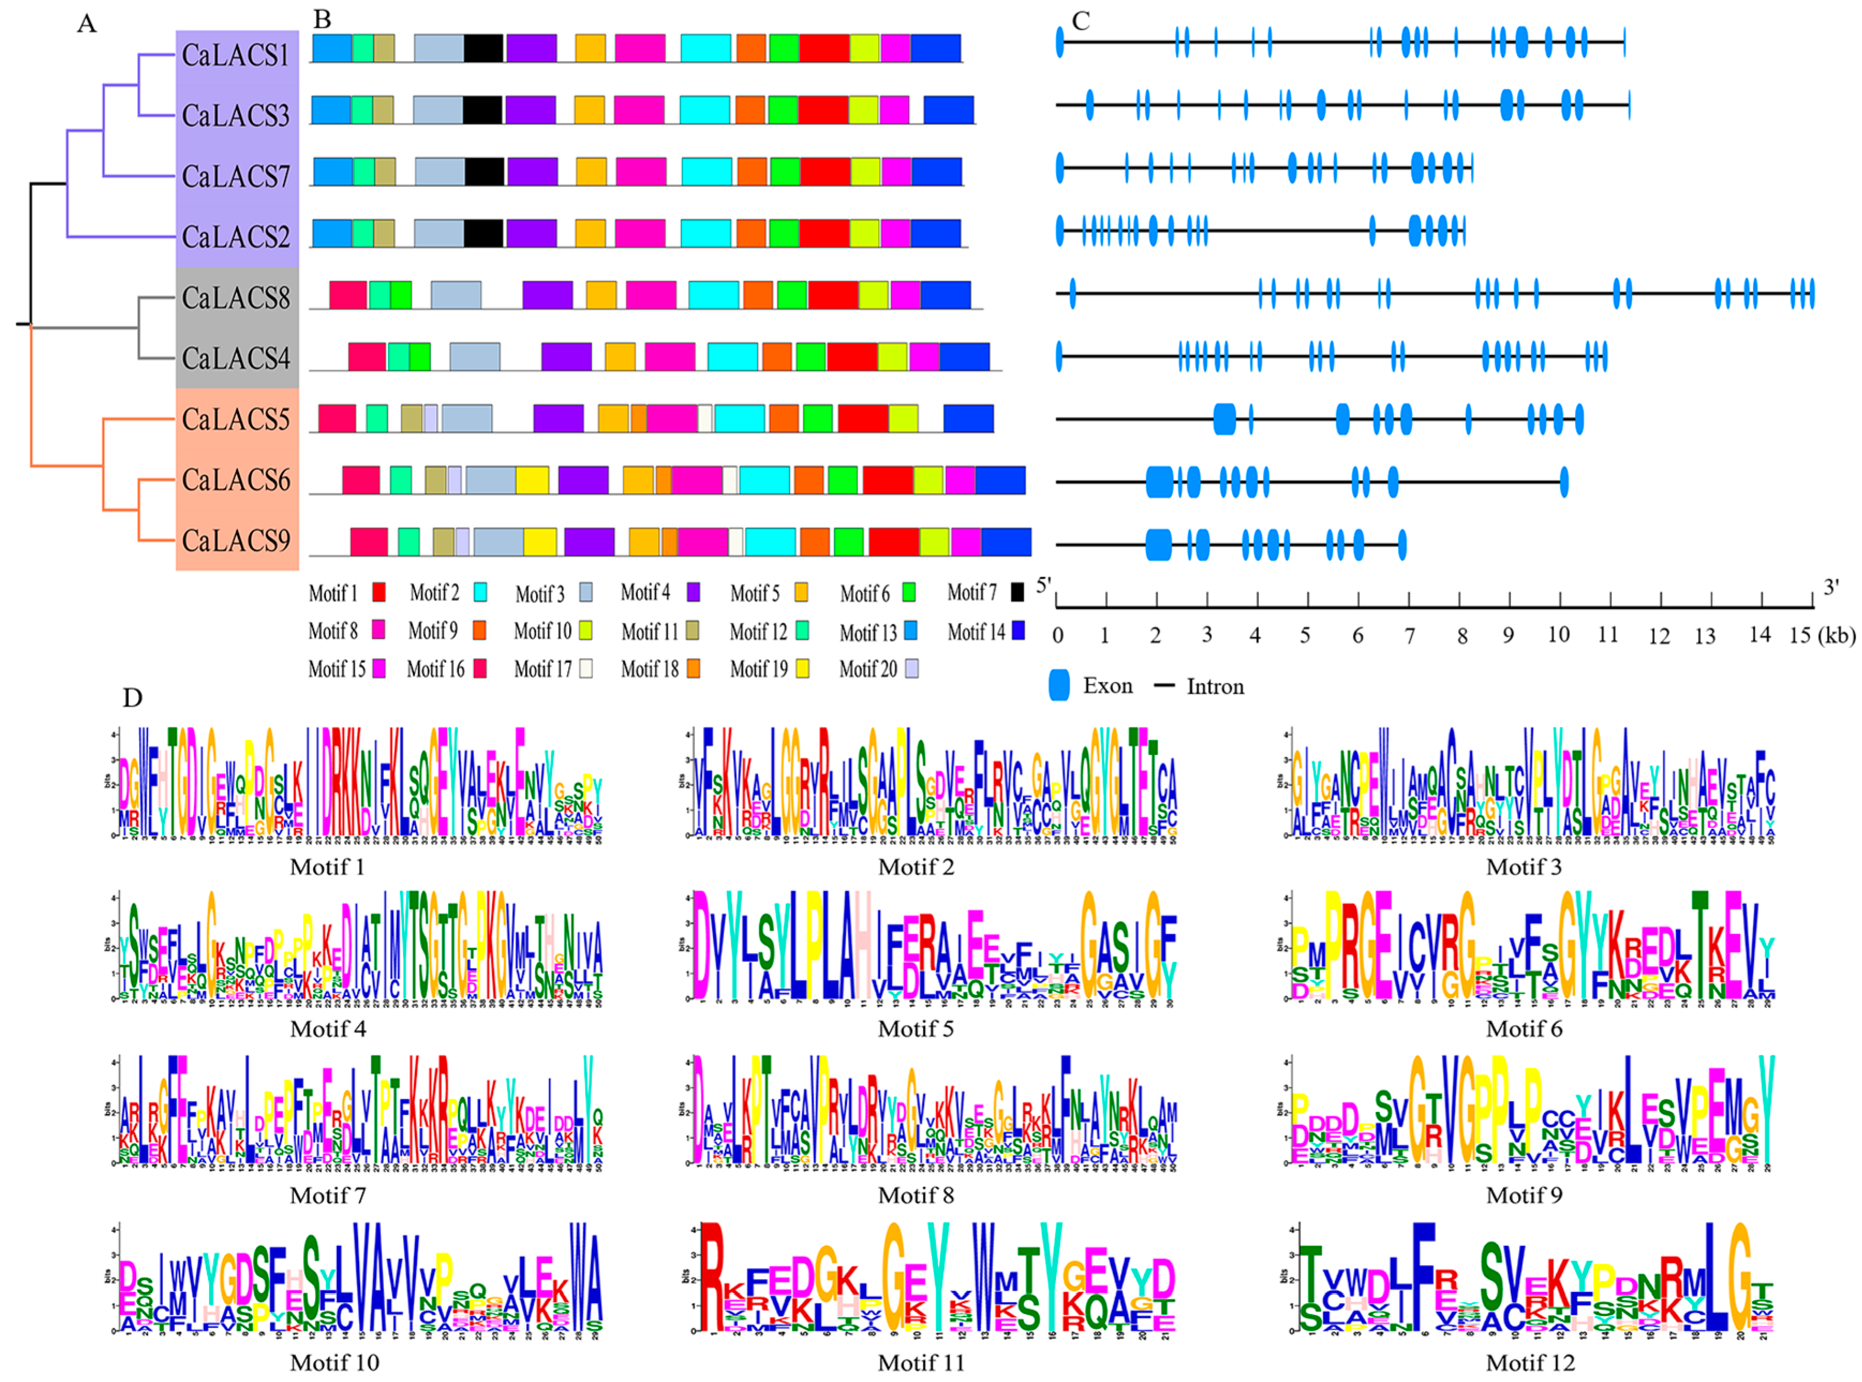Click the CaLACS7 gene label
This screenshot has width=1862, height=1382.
pos(235,176)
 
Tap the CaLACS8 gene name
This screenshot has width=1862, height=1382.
pos(235,298)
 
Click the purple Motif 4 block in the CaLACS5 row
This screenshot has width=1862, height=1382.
pos(557,419)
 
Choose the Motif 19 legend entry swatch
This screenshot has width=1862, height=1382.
pos(802,668)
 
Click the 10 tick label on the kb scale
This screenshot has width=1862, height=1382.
pos(1558,635)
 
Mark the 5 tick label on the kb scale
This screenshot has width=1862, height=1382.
pos(1304,636)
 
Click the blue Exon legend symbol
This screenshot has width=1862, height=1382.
pos(1059,686)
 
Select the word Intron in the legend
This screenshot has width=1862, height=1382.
pos(1215,687)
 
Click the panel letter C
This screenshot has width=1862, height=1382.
pos(1081,21)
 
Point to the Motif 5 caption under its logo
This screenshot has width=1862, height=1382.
pos(915,1028)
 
